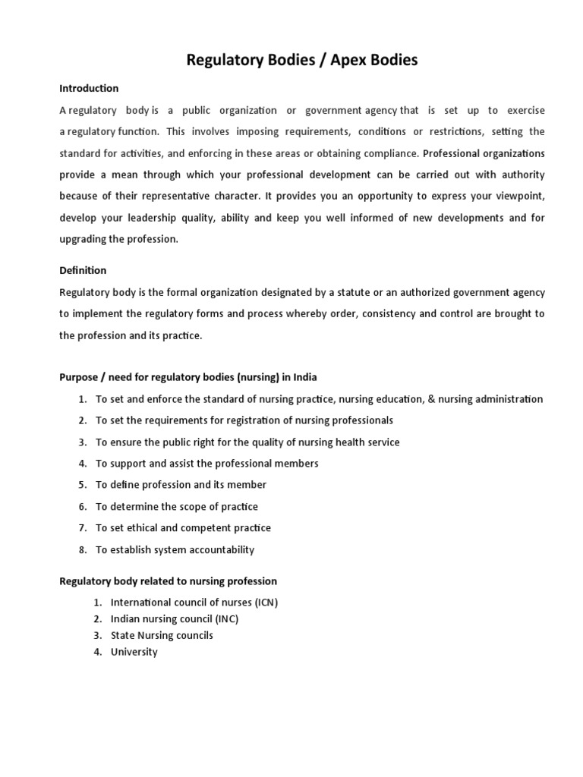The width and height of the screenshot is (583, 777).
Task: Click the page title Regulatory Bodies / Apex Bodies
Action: click(x=302, y=60)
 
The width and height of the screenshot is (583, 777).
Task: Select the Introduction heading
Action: click(x=89, y=89)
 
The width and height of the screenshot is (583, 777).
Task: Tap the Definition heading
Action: click(x=83, y=270)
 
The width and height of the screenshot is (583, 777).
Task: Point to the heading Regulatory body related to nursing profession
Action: click(x=168, y=581)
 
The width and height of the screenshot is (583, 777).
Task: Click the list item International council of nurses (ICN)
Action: click(x=194, y=602)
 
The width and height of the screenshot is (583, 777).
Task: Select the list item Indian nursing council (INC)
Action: click(x=175, y=619)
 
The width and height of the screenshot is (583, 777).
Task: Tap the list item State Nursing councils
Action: click(x=162, y=635)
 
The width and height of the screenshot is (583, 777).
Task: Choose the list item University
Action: click(x=134, y=652)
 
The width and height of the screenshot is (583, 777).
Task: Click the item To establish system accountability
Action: click(x=175, y=549)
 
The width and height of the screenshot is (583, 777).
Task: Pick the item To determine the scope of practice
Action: click(x=177, y=506)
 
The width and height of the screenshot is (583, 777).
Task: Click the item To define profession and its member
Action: click(x=181, y=484)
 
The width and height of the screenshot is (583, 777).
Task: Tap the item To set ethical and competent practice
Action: click(x=183, y=527)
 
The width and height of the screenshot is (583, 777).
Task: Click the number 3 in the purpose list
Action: click(x=81, y=442)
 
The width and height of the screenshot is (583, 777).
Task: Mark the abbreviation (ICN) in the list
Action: click(x=265, y=602)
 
